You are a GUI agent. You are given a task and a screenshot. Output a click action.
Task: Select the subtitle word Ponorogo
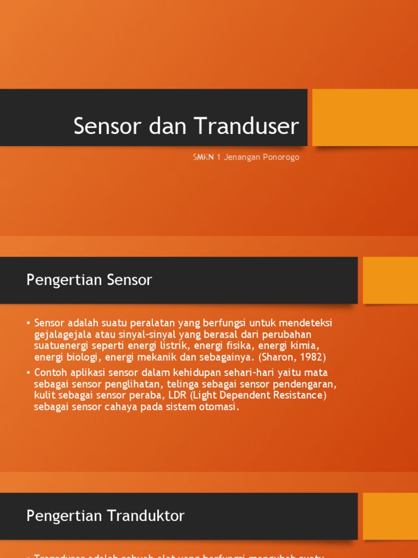click(281, 157)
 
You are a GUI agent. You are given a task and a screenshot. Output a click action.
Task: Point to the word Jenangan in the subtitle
click(241, 157)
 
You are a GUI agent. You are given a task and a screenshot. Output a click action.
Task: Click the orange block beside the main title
click(365, 117)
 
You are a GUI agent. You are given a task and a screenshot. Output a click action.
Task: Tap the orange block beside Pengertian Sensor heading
click(390, 280)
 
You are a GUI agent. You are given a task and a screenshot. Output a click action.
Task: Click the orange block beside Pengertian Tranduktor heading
click(390, 516)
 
